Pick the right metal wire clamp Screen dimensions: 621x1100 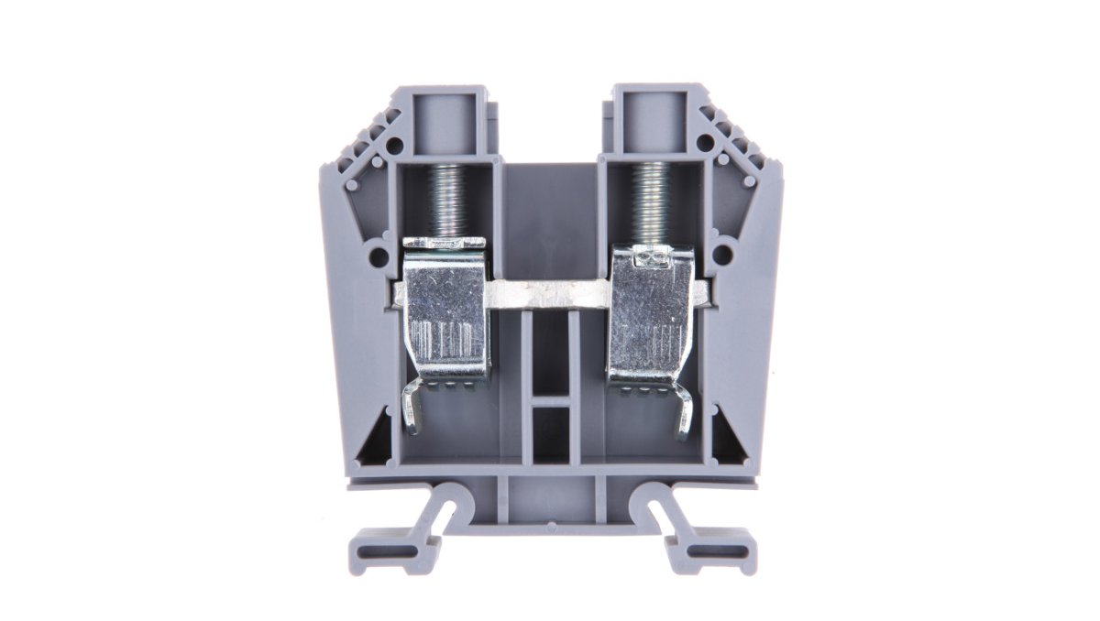click(x=652, y=311)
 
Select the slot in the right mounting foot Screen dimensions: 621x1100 click(x=720, y=552)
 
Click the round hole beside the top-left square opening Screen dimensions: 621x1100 click(x=394, y=145)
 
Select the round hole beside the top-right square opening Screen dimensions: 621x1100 click(x=704, y=143)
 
